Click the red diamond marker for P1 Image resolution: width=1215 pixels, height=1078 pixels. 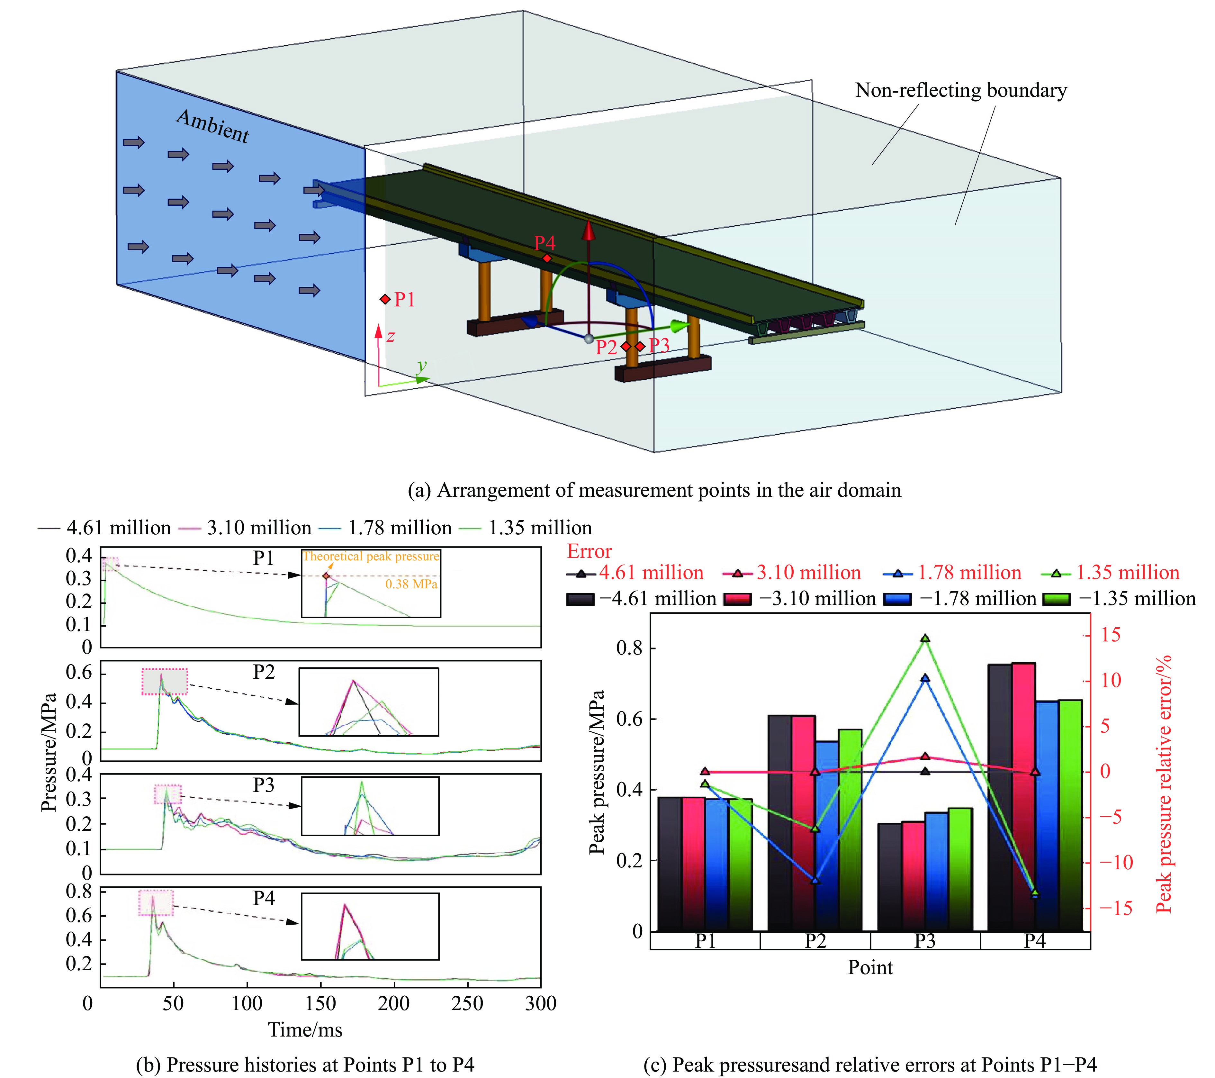385,299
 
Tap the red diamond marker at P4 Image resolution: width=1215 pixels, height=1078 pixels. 547,258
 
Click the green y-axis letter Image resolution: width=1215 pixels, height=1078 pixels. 422,366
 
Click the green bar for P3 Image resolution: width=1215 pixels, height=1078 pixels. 960,869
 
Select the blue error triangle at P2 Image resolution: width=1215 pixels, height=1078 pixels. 815,880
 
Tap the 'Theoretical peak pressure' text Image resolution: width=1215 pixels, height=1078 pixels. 371,557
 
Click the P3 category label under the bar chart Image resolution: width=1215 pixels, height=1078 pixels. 925,941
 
